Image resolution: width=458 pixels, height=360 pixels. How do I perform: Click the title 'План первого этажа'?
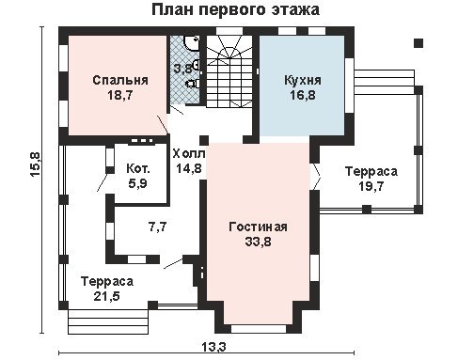tap(235, 10)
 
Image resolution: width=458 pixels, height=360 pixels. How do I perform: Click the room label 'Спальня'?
tap(120, 80)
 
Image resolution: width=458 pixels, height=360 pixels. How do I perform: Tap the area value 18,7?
tap(120, 95)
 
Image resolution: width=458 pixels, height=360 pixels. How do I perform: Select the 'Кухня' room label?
tap(303, 80)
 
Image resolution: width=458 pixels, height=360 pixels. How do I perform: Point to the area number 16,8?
tap(302, 95)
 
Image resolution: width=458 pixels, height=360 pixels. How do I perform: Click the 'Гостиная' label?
tap(258, 227)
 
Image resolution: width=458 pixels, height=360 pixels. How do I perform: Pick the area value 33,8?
tap(258, 242)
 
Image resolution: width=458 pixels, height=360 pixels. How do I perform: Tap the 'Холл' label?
tap(189, 154)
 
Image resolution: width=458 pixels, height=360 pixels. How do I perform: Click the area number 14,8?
tap(188, 168)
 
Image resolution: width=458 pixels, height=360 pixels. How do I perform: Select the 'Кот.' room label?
tap(138, 169)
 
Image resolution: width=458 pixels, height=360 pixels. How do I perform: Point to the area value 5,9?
tap(137, 183)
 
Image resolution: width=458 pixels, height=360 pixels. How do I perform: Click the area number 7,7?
tap(158, 227)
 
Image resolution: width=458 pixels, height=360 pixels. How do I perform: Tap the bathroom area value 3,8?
tap(182, 69)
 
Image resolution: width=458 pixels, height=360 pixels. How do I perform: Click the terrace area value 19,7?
tap(371, 186)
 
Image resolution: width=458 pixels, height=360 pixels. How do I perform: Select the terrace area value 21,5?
tap(107, 296)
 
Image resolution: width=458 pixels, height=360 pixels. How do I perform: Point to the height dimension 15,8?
tap(35, 165)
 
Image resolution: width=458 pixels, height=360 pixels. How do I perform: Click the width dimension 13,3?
tap(213, 347)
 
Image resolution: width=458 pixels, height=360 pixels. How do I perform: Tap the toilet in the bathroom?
tap(192, 84)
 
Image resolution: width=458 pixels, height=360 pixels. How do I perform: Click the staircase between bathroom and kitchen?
tap(229, 71)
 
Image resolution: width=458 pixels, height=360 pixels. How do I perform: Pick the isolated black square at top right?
tap(419, 43)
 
